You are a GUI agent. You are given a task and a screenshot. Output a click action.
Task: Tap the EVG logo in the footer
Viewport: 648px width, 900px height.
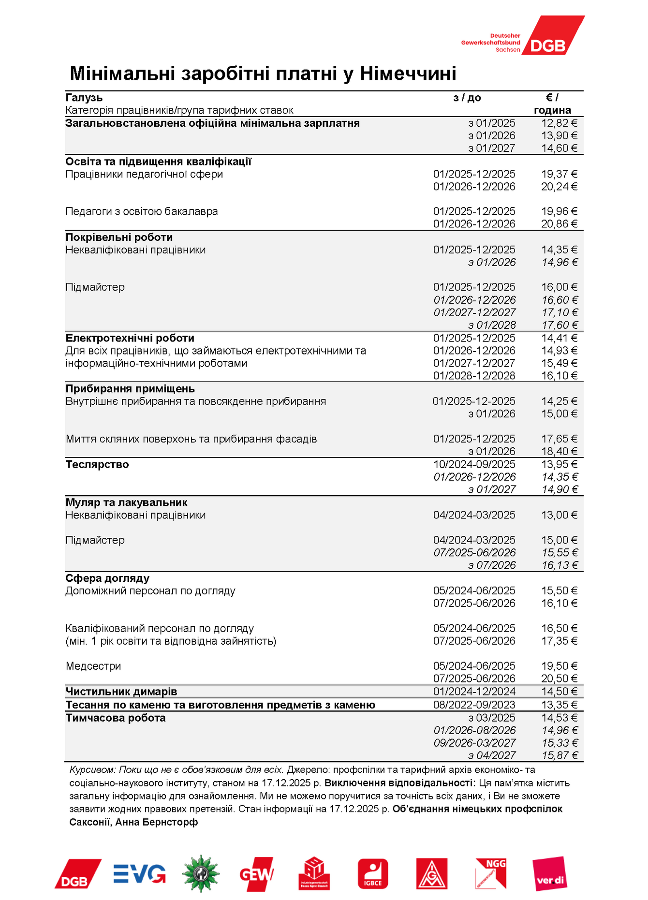point(139,874)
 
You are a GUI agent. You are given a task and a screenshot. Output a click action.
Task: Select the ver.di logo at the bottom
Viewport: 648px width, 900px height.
point(549,874)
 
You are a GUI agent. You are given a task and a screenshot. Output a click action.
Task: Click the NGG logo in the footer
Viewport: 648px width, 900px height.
point(490,874)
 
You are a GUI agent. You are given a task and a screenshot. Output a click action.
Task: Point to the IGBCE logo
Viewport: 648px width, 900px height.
point(372,874)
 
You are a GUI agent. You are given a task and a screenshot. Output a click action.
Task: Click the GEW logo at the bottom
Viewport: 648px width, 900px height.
point(256,874)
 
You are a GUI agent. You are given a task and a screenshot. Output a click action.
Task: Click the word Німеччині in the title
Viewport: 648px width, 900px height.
point(408,74)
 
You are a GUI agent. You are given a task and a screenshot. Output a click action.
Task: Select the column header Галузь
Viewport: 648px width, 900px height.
point(84,98)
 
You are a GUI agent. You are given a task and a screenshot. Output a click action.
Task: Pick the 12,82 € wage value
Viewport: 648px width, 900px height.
point(559,123)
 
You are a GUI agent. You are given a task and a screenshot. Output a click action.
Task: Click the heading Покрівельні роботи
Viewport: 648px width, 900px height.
point(119,237)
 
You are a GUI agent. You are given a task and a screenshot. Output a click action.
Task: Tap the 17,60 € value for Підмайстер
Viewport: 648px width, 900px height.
point(560,325)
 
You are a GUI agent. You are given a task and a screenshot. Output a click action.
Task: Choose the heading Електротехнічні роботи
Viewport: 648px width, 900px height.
point(130,338)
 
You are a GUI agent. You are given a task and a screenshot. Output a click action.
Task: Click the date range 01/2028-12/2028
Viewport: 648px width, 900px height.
point(474,376)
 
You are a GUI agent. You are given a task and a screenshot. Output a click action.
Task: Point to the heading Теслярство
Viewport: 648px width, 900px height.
point(97,465)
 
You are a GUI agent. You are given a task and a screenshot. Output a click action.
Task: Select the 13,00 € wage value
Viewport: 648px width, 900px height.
point(559,515)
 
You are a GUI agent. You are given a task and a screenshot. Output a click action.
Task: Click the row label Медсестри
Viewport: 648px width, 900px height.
point(93,666)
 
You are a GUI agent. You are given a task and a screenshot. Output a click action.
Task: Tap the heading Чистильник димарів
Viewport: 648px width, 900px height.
point(121,692)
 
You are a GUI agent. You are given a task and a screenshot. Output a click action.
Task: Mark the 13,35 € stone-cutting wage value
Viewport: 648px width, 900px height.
point(559,705)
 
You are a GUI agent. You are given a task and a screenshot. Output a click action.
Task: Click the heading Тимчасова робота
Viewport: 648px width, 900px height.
point(116,718)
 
